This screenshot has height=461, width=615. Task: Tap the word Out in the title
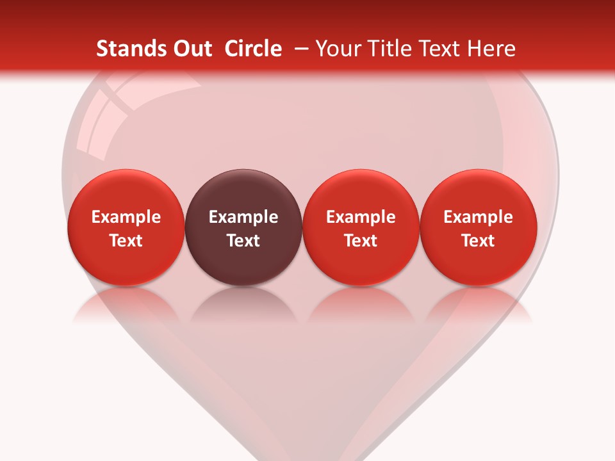tap(190, 49)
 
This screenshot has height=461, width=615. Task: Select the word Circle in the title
tap(253, 49)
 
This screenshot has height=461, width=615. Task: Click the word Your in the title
tap(336, 49)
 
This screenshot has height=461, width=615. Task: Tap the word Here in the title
tap(491, 49)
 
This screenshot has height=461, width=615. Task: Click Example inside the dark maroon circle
tap(243, 217)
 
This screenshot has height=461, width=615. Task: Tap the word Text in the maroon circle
tap(243, 241)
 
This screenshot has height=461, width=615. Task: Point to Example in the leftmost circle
tap(126, 217)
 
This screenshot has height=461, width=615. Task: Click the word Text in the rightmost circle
tap(479, 241)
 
